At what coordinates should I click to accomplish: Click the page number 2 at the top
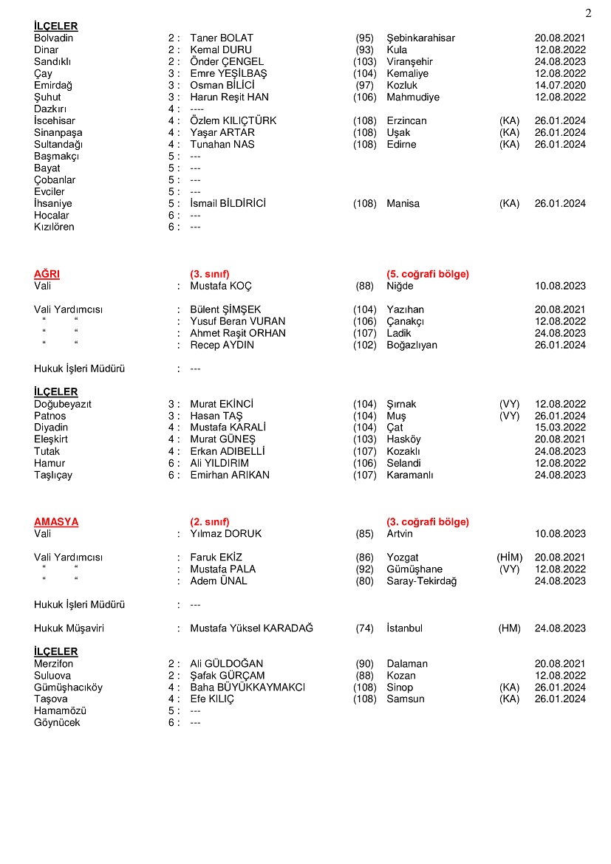pos(588,13)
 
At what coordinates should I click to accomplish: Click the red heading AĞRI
pos(47,274)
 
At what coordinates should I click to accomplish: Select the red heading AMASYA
pos(56,521)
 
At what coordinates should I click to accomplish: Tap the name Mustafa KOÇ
pos(221,286)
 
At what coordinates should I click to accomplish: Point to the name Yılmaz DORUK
pos(225,533)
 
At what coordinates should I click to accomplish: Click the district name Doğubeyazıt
pos(63,404)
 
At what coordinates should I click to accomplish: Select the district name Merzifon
pos(55,664)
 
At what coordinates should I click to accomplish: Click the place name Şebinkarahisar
pos(420,38)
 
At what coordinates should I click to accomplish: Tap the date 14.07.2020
pos(560,85)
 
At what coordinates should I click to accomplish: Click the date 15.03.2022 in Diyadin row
pos(560,428)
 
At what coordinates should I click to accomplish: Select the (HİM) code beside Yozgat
pos(509,557)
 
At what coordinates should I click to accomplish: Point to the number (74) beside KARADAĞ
pos(364,628)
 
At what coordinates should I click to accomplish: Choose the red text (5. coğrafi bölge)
pos(427,274)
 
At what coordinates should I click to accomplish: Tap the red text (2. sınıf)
pos(210,521)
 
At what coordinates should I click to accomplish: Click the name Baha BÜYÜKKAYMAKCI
pos(248,688)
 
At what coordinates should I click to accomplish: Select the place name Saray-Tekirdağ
pos(421,581)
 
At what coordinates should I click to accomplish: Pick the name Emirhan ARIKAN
pos(230,475)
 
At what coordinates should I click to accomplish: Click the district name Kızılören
pos(54,227)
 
